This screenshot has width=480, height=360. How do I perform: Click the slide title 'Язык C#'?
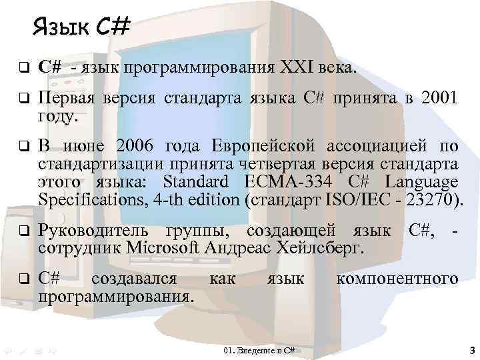(80, 28)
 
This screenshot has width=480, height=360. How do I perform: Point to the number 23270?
(435, 200)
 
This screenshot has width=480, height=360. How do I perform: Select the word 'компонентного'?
(397, 279)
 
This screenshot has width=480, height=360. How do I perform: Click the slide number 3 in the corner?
(471, 349)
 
